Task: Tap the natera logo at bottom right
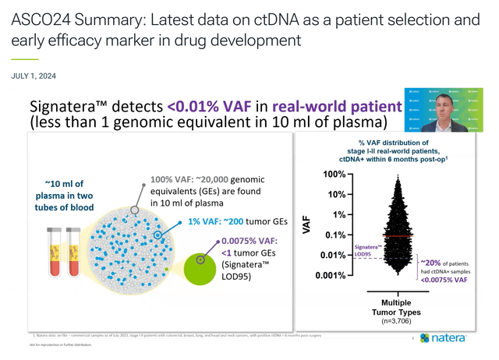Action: [446, 338]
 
